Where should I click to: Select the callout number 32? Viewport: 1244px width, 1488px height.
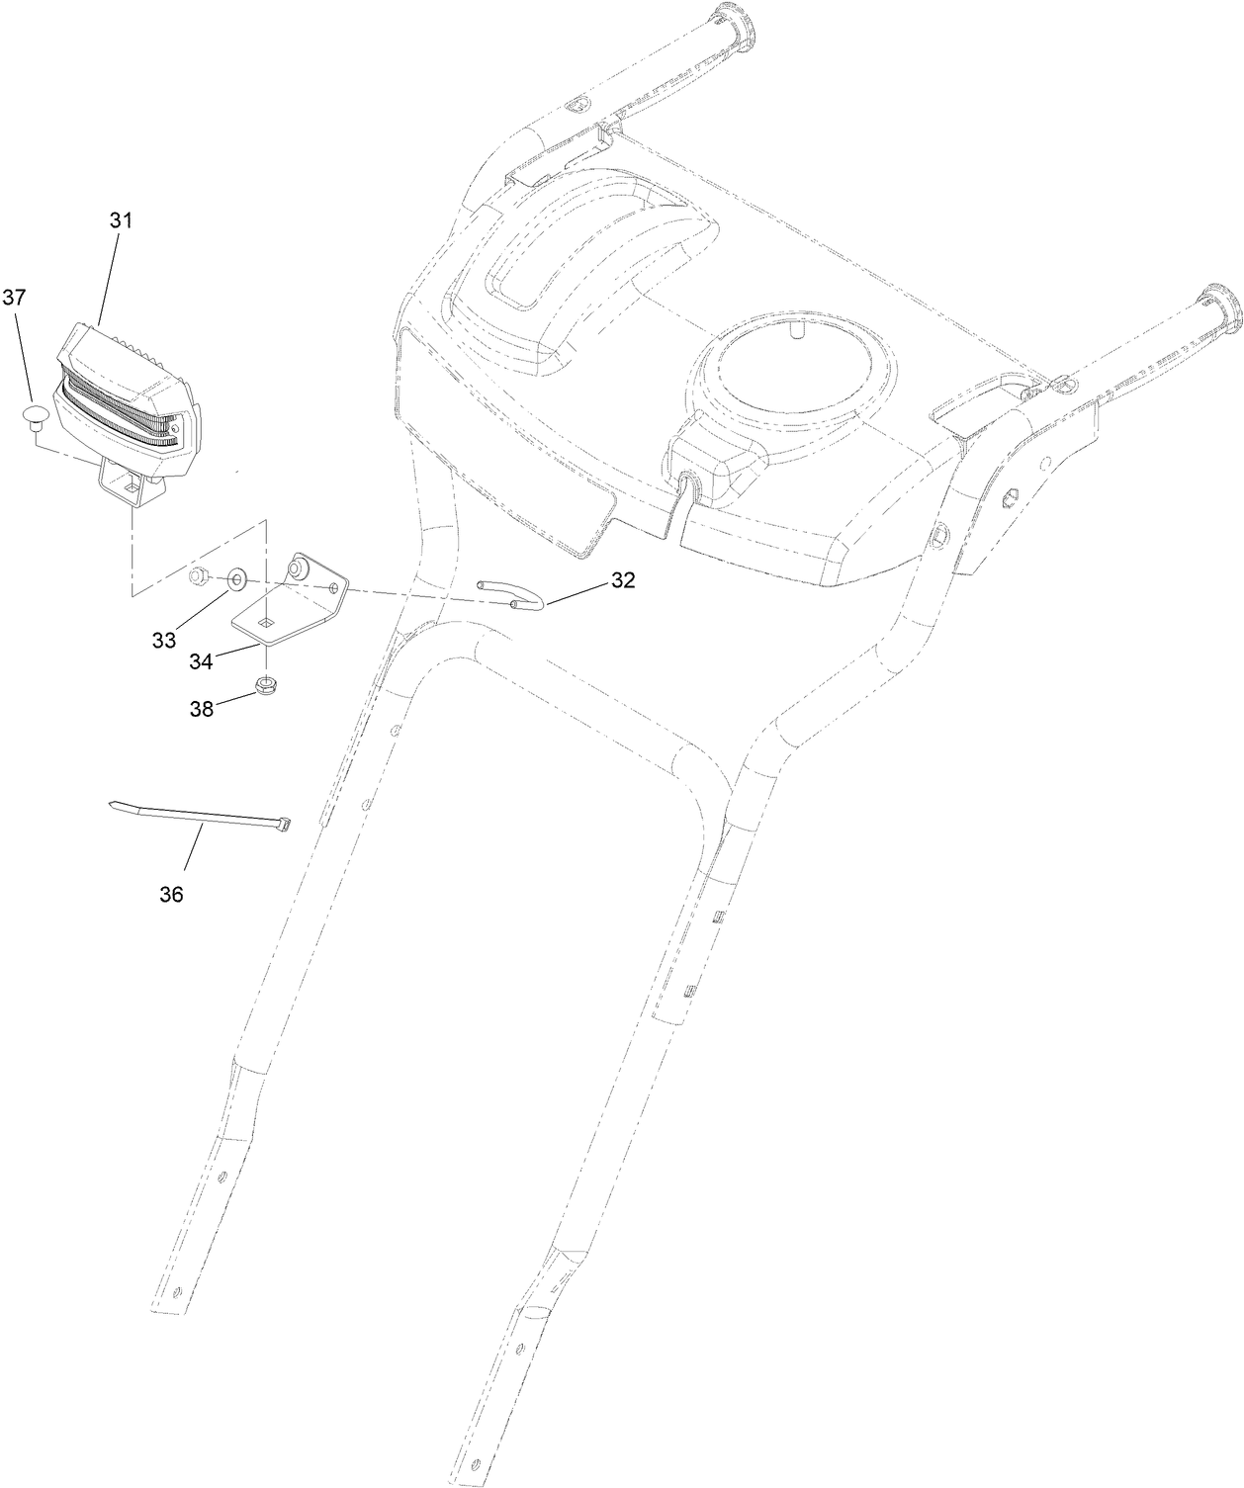[622, 580]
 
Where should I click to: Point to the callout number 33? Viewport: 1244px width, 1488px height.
[164, 640]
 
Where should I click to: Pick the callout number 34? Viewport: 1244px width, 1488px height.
[201, 661]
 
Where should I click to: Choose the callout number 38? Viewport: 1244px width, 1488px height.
[203, 708]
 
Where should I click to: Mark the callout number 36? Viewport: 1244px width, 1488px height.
[171, 894]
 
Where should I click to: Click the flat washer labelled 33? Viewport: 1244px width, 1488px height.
[238, 577]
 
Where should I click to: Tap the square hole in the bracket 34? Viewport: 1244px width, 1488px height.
[265, 622]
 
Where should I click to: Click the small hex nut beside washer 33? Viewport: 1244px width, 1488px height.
[198, 574]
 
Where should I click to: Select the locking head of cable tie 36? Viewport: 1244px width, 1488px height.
[283, 824]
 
